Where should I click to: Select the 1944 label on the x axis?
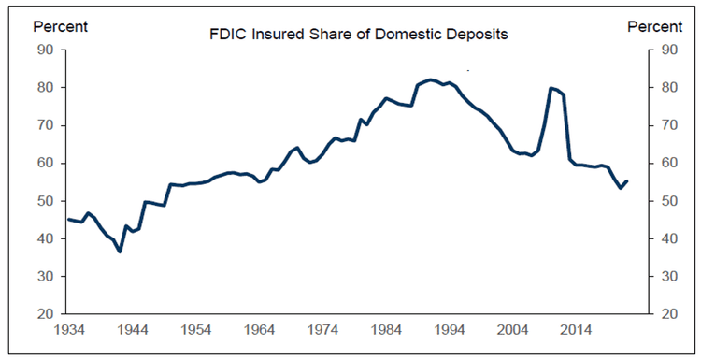pos(134,330)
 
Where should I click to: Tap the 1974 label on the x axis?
pos(322,330)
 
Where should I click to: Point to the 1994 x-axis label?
pos(449,330)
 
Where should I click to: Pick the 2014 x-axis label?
pos(576,330)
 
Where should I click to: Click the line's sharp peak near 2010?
pos(551,88)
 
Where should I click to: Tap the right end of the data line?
pos(626,181)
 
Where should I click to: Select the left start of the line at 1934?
pos(68,219)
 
